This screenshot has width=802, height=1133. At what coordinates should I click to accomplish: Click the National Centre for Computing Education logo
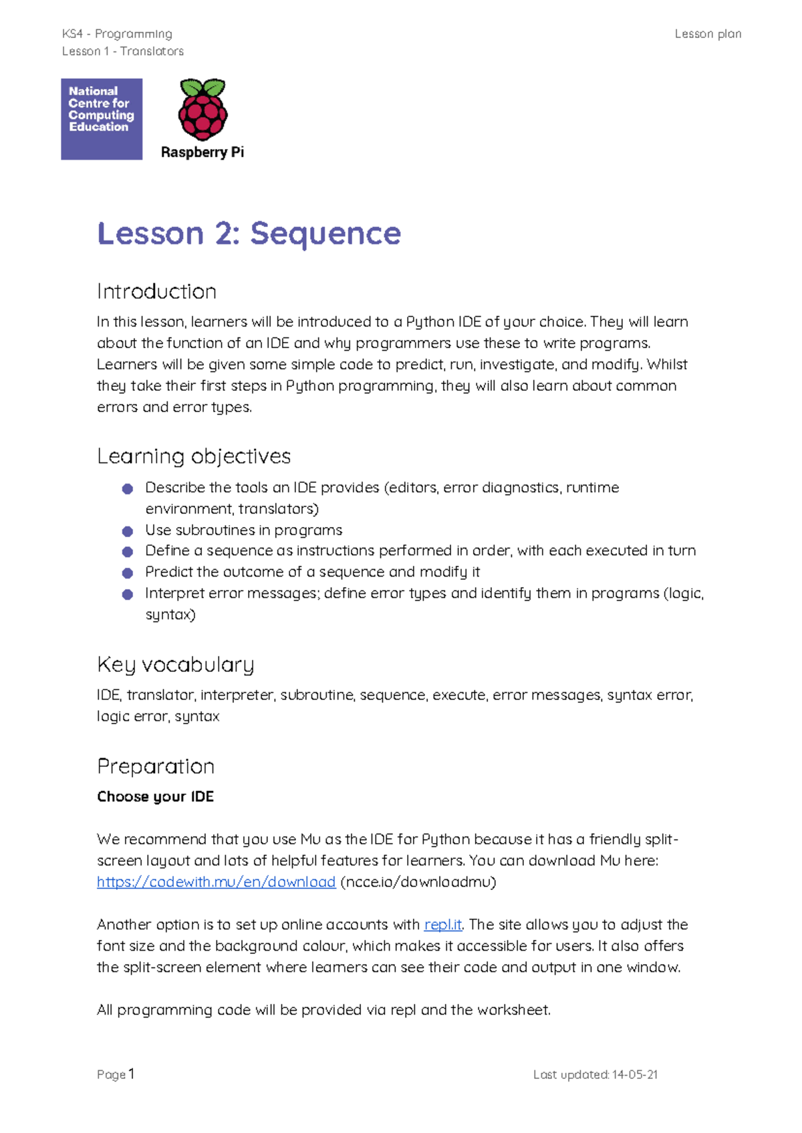coord(102,119)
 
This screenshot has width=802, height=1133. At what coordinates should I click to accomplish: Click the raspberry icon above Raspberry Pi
coord(203,110)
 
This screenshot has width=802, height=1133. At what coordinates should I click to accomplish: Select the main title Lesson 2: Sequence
coord(249,233)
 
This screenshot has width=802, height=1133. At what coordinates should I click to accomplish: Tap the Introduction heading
coord(156,291)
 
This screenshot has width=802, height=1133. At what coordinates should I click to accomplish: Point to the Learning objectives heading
coord(194,456)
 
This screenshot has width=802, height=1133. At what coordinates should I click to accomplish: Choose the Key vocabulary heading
coord(176,665)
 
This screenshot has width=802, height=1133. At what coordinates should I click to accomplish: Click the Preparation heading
coord(156,766)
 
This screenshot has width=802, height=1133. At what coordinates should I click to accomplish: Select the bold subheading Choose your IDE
coord(155,796)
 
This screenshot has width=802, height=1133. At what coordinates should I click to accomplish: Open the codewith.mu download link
coord(216,882)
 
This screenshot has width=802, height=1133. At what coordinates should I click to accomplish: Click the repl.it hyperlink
coord(442,925)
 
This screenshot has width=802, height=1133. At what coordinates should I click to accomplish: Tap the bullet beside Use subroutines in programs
coord(128,531)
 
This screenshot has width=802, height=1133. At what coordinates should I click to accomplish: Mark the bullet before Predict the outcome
coord(128,573)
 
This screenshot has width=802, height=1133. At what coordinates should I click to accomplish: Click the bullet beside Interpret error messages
coord(128,594)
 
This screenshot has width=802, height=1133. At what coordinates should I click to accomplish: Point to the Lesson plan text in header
coord(708,34)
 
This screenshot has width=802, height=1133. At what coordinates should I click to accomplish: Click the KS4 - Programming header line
coord(117,34)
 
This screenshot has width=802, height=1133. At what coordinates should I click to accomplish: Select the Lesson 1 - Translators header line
coord(122,51)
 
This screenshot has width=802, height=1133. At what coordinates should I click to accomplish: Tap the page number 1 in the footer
coord(132,1074)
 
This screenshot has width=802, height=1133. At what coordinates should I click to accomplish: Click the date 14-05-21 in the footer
coord(634,1074)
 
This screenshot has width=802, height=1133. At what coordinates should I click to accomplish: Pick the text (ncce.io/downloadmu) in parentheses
coord(418,882)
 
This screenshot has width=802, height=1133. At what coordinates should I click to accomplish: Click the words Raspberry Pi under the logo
coord(203,152)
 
